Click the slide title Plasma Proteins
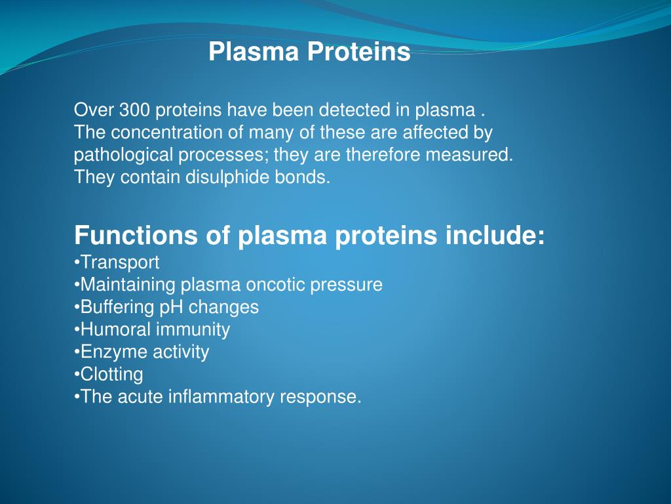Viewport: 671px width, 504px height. tap(309, 52)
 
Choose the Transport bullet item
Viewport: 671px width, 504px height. tap(119, 262)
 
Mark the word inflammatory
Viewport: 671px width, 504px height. tap(221, 397)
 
